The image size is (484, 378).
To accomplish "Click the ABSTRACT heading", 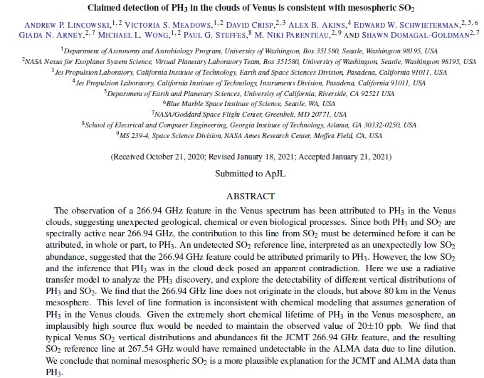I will (x=250, y=196).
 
